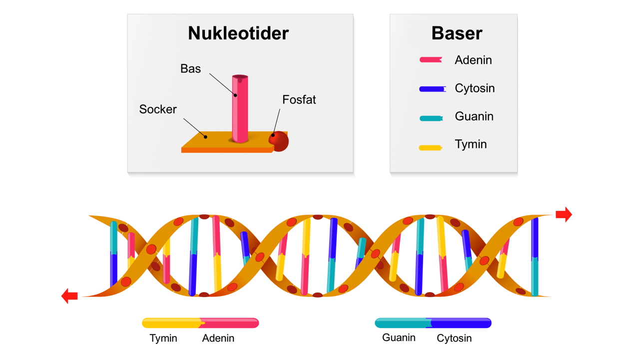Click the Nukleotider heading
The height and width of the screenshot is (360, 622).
tap(238, 33)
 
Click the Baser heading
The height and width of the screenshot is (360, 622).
tap(457, 33)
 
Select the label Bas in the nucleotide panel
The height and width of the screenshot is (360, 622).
tap(190, 69)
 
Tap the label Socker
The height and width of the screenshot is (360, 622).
tap(158, 109)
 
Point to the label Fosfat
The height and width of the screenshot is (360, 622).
tap(299, 100)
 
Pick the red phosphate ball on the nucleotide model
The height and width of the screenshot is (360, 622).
tap(280, 141)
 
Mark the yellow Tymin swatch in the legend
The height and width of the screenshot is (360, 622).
tap(430, 147)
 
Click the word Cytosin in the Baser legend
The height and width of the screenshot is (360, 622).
tap(475, 88)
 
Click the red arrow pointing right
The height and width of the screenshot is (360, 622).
tap(564, 214)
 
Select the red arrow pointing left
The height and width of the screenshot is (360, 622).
tap(69, 296)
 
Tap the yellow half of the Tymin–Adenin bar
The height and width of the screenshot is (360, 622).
tap(171, 323)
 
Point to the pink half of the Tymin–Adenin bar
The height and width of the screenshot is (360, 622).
tap(231, 323)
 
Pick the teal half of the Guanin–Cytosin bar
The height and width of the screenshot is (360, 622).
tap(401, 323)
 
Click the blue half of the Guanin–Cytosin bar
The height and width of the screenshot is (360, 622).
tap(462, 323)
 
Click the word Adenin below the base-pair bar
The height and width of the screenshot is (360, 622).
tap(218, 338)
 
